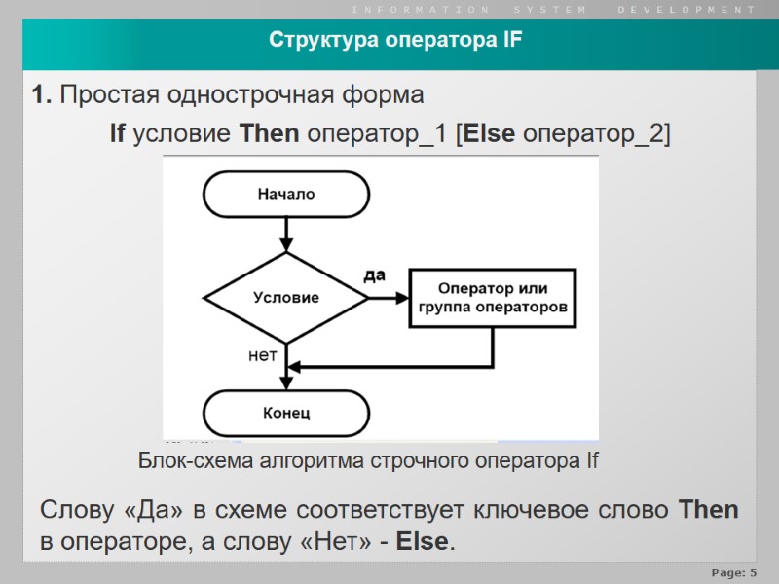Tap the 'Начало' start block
click(286, 194)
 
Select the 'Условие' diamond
click(286, 298)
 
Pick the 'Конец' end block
click(286, 413)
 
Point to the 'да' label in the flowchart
click(374, 275)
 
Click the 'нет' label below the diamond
click(262, 356)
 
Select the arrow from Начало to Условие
click(286, 234)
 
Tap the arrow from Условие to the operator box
click(389, 298)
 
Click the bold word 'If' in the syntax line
click(117, 134)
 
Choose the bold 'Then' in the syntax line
click(269, 134)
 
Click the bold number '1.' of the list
click(42, 95)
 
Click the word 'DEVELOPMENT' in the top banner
click(686, 9)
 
